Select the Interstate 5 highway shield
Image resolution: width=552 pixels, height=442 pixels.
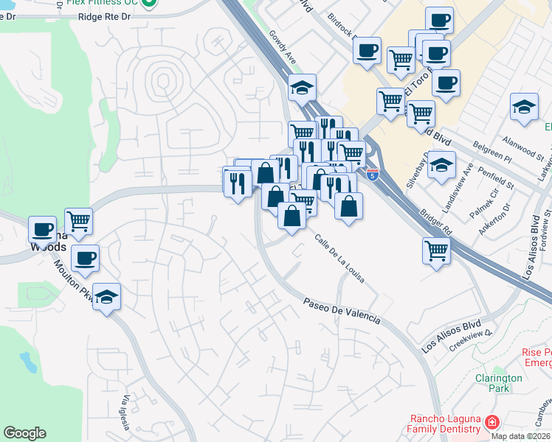(373, 175)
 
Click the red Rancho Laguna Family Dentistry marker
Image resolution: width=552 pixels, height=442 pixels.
(491, 423)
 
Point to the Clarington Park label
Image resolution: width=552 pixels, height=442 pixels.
(499, 382)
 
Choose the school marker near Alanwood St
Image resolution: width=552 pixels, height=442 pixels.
(524, 107)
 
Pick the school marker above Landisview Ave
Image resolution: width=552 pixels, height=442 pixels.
(442, 164)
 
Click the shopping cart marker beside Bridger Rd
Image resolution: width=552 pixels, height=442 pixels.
(437, 250)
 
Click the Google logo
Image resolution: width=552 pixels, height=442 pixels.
(24, 433)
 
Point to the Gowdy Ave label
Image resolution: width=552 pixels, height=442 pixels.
(282, 46)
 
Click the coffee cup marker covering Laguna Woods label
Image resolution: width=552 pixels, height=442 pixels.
(42, 229)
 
